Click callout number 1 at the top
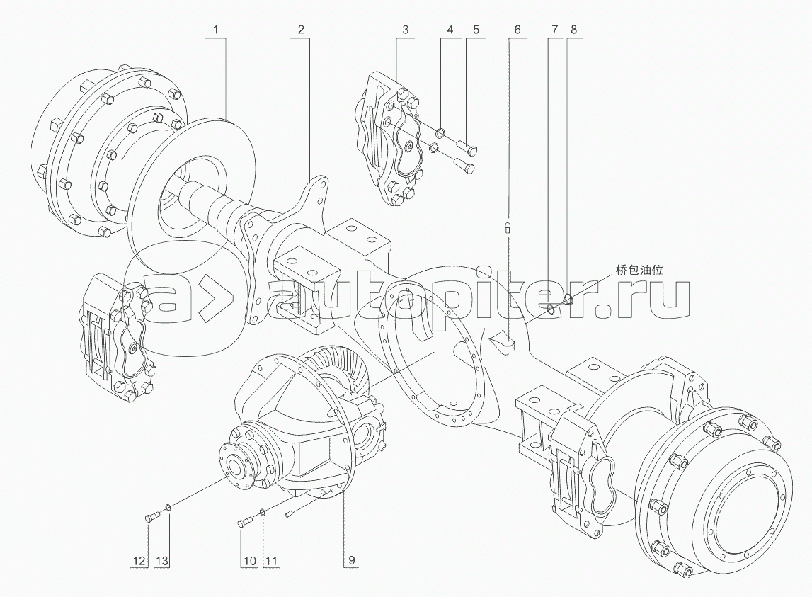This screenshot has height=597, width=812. point(216,30)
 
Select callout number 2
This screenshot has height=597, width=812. point(301,30)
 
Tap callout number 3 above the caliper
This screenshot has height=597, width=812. point(406,30)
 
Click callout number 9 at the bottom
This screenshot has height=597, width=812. point(352,560)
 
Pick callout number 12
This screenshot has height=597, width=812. point(139,560)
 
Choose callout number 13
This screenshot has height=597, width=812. point(162,560)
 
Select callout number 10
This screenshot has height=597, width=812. point(250,560)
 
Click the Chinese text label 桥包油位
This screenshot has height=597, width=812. point(639,270)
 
